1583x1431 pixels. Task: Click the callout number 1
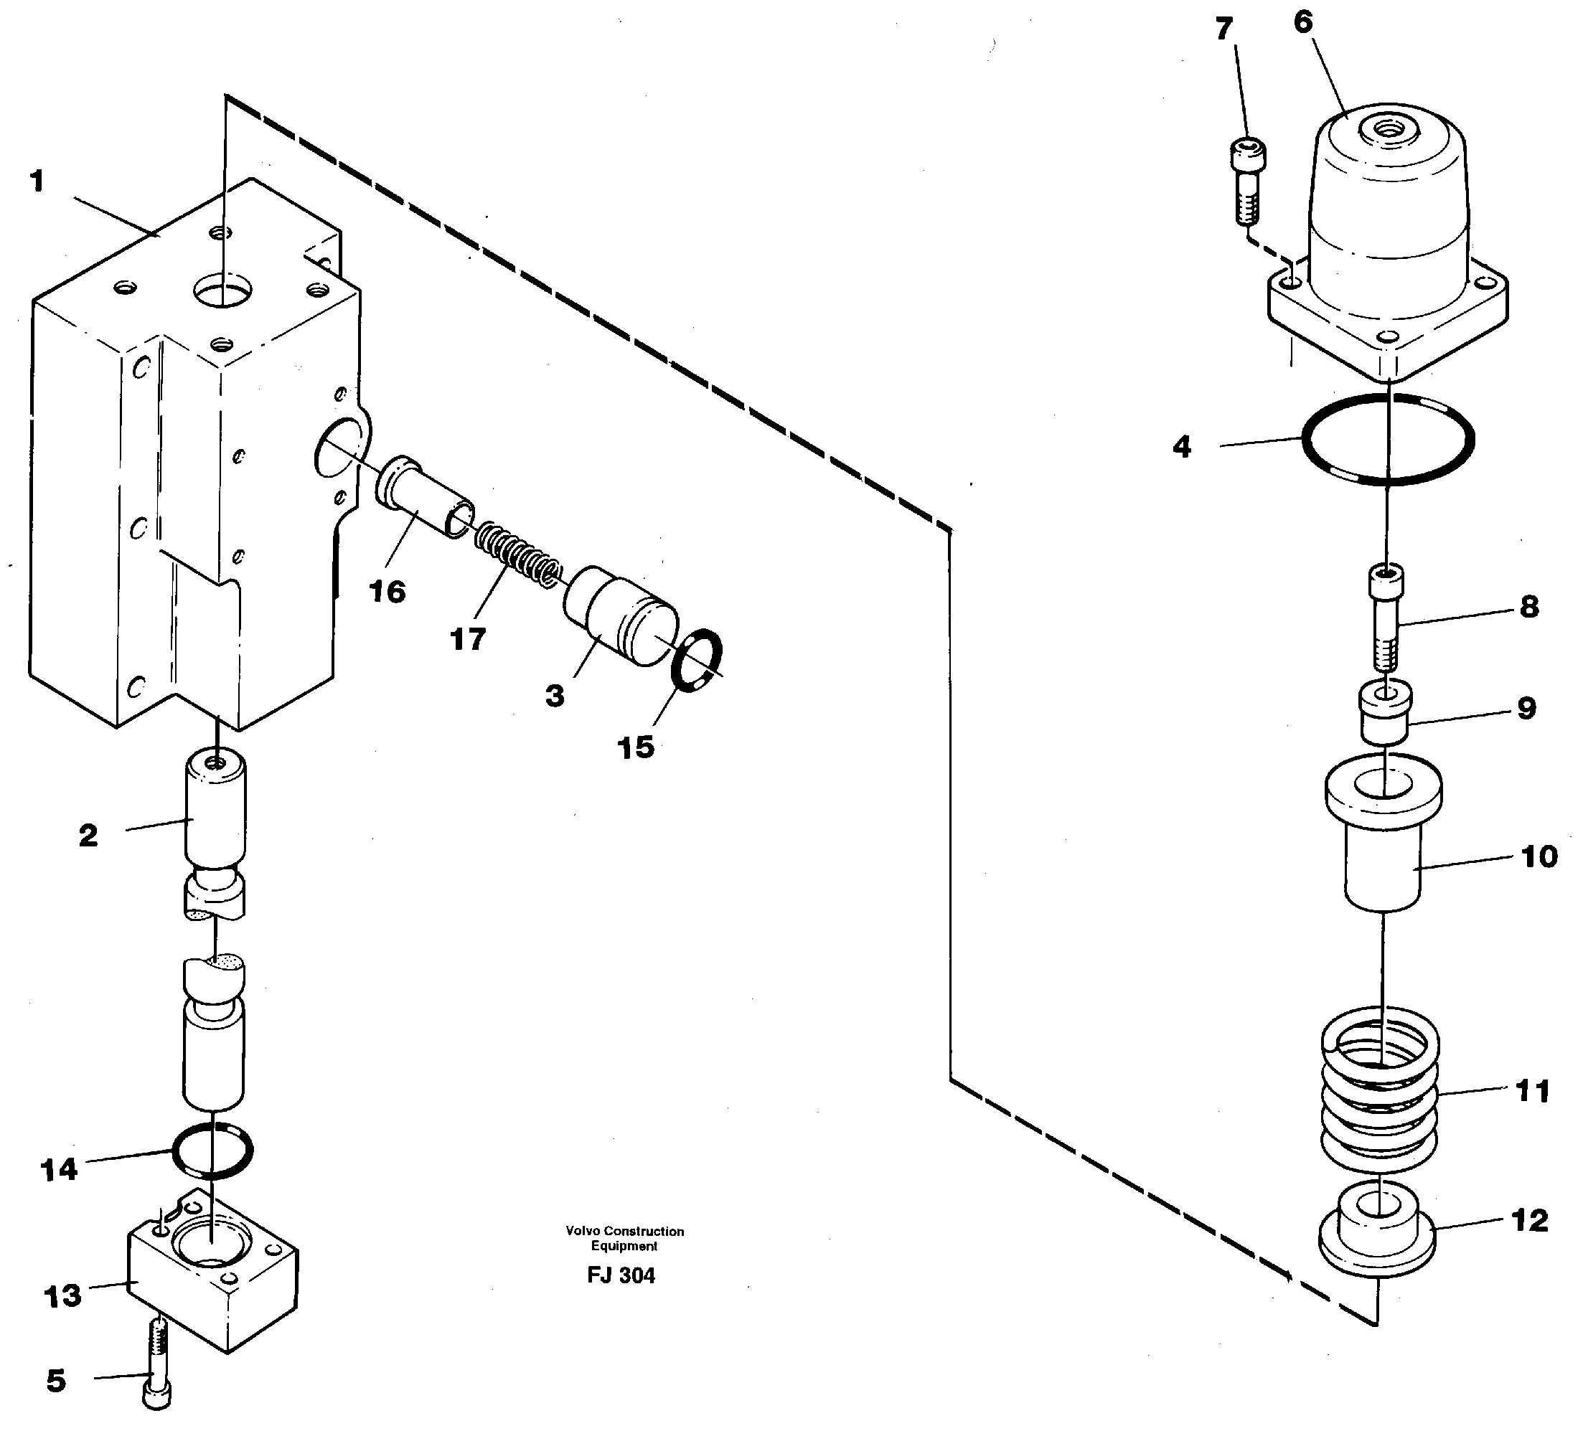[x=37, y=182]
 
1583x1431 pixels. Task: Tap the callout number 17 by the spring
[x=468, y=640]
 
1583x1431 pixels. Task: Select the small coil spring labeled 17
[x=518, y=554]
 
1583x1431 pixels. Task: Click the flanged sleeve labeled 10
[x=1383, y=840]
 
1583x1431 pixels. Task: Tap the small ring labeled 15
[x=697, y=660]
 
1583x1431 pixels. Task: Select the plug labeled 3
[x=620, y=616]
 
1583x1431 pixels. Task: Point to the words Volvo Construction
[x=624, y=1231]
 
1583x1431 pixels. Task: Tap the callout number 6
[x=1302, y=22]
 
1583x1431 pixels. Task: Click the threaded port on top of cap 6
[x=1389, y=127]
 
